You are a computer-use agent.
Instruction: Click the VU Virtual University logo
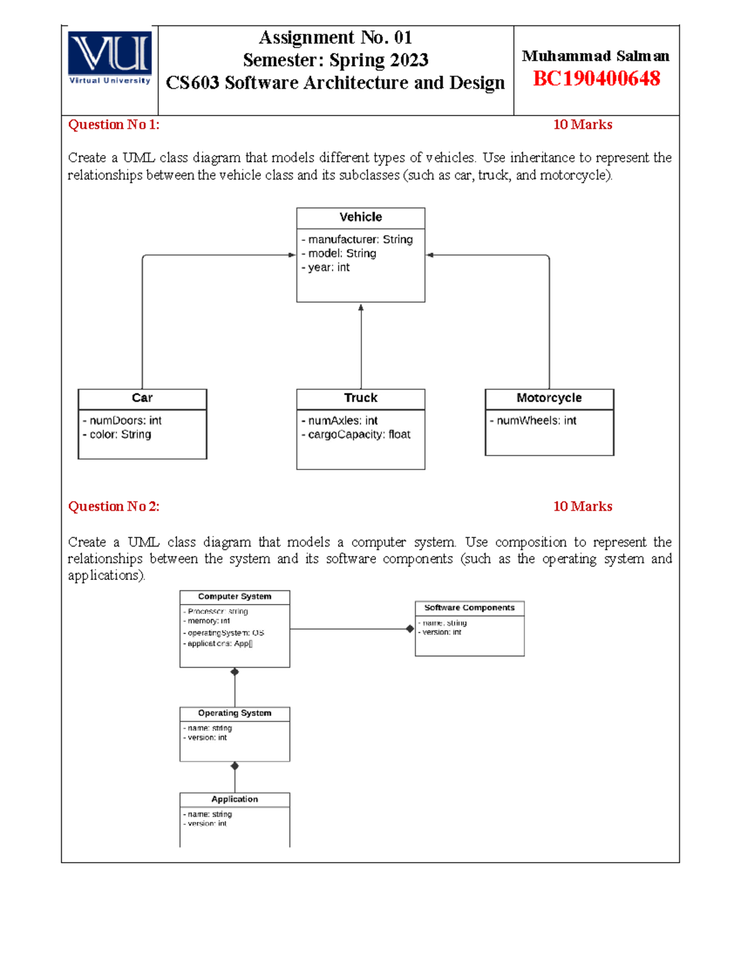coord(110,58)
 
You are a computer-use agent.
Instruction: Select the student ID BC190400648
coord(596,79)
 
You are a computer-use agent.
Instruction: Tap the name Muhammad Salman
coord(595,56)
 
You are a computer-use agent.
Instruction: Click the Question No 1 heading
coord(114,125)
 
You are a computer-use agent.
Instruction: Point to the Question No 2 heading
coord(114,506)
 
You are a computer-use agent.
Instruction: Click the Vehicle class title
coord(361,217)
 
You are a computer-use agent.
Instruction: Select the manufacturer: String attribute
coord(357,240)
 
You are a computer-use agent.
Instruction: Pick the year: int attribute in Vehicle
coord(325,267)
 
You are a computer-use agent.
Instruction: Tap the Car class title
coord(142,398)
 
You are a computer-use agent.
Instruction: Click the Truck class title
coord(361,398)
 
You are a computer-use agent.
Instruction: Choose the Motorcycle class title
coord(549,398)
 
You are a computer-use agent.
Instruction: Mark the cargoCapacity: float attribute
coord(356,435)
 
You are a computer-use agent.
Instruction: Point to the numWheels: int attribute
coord(533,421)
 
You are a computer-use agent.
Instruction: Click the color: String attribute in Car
coord(117,435)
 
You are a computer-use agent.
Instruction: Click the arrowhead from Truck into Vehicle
coord(361,308)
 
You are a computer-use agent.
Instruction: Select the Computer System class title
coord(235,597)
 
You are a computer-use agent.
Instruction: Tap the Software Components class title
coord(469,608)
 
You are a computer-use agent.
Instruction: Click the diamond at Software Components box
coord(410,629)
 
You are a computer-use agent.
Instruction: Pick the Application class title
coord(235,799)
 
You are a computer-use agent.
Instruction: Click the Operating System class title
coord(235,713)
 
